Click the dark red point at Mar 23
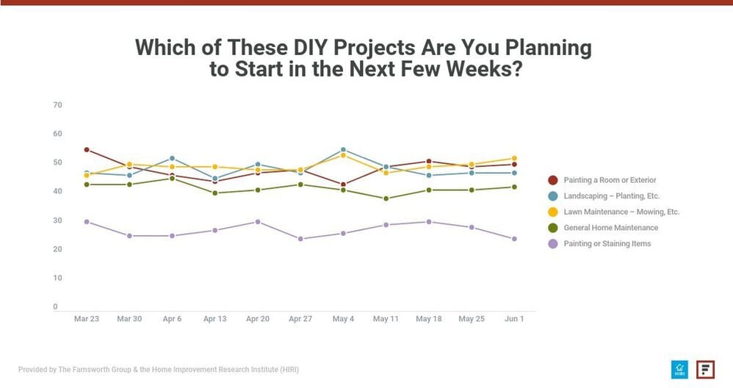[x=87, y=150]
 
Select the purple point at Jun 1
[x=514, y=239]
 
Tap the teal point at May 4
[x=343, y=150]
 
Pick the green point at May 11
[x=386, y=198]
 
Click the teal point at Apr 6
[x=172, y=158]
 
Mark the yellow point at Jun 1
[x=514, y=158]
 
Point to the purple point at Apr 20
[x=257, y=221]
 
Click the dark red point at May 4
[x=343, y=184]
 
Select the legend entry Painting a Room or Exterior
[x=610, y=180]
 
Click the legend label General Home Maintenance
[x=610, y=228]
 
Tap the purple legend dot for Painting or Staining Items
[x=552, y=244]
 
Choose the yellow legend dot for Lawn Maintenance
[x=552, y=212]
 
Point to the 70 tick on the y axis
[x=57, y=105]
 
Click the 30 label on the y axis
[x=57, y=220]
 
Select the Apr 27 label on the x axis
[x=300, y=319]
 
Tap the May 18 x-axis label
[x=428, y=319]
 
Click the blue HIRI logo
[x=679, y=369]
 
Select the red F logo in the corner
[x=706, y=369]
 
